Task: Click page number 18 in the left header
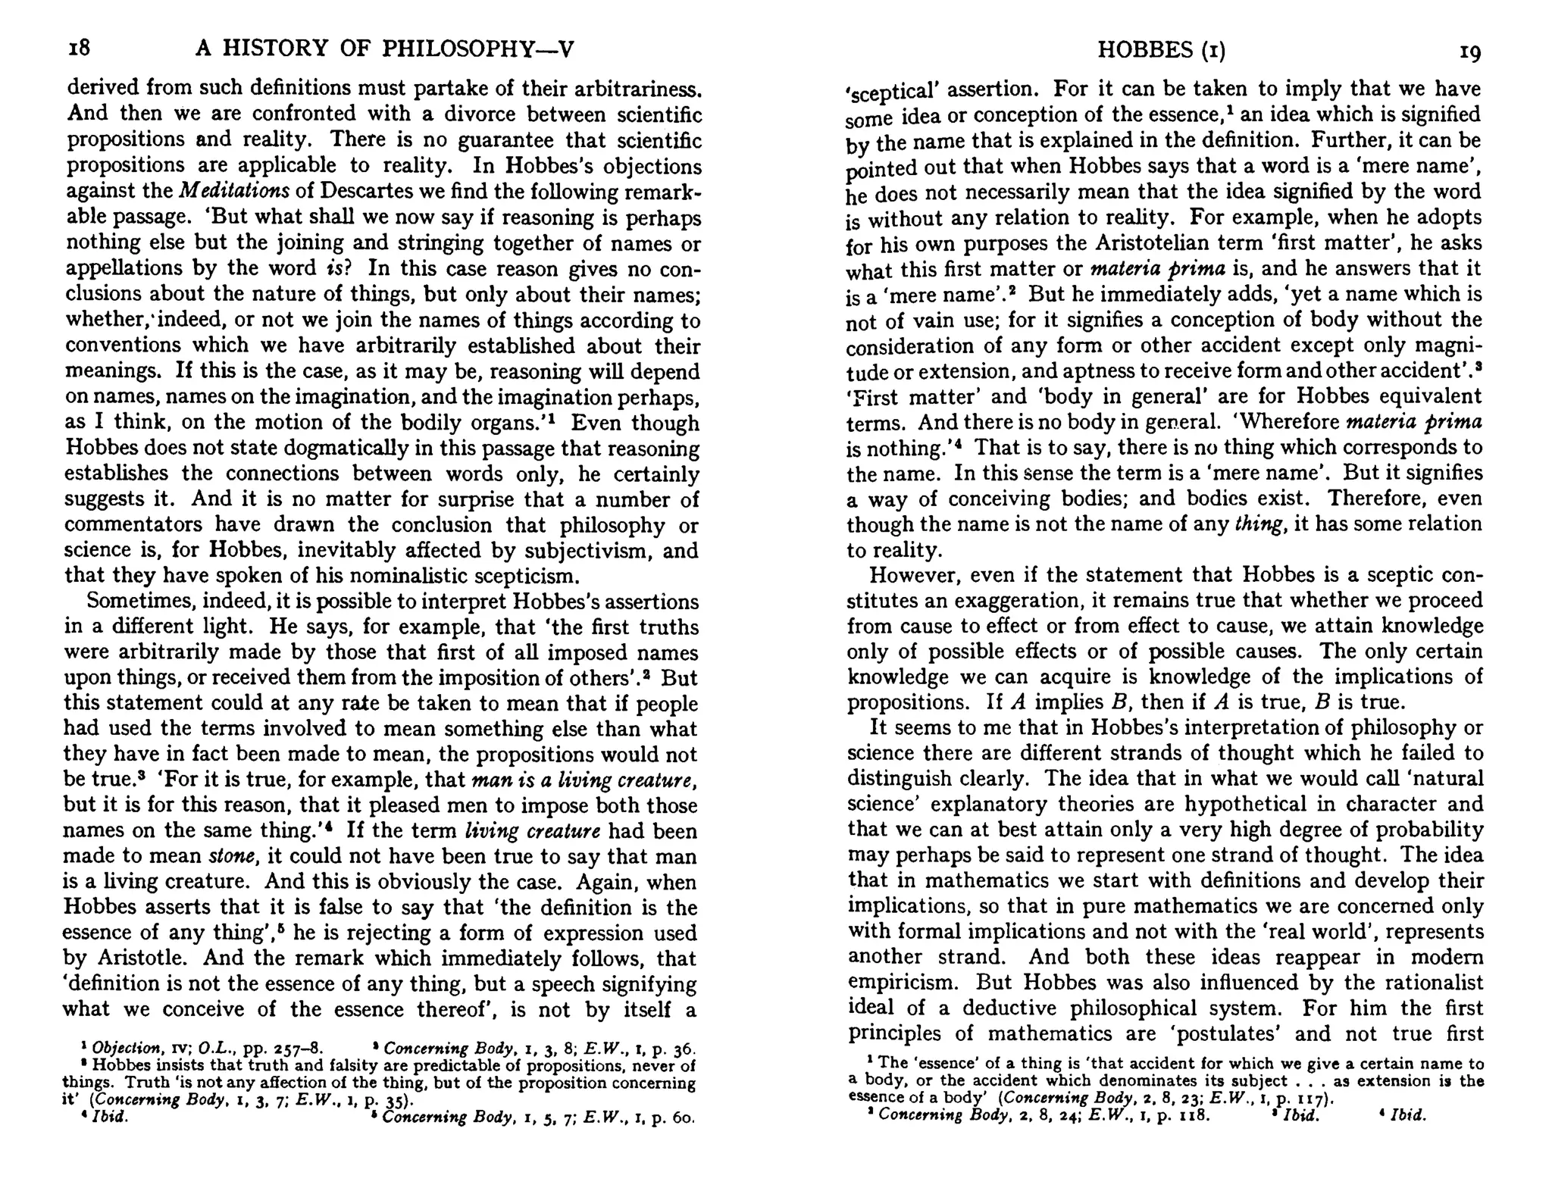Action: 79,48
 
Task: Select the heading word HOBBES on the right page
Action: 1144,50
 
